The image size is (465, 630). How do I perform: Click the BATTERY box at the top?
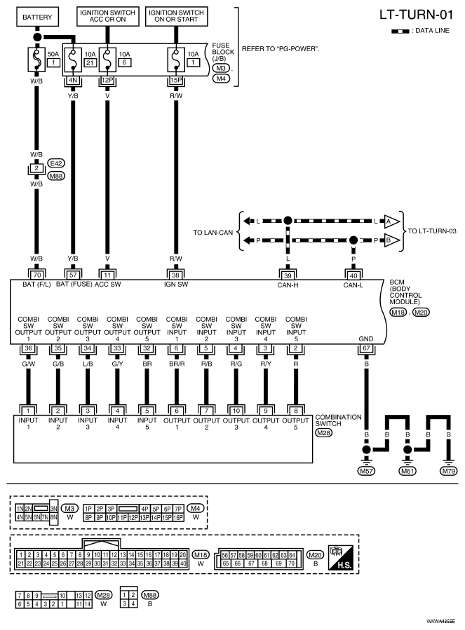(37, 18)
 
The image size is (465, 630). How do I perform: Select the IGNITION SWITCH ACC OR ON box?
(107, 17)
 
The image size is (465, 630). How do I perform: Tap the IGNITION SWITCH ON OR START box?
(176, 17)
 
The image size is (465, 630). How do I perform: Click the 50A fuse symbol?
(36, 60)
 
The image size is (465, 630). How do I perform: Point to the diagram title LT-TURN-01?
(417, 15)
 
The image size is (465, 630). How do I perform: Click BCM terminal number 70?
(37, 275)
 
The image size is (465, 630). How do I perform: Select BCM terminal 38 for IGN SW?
(176, 275)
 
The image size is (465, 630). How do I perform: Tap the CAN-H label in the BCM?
(288, 285)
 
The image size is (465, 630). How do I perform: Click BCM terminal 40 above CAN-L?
(353, 275)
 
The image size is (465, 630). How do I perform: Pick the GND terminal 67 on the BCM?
(366, 348)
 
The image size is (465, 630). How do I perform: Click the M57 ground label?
(366, 471)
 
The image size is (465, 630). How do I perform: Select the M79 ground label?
(448, 471)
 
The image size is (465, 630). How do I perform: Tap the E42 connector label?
(56, 163)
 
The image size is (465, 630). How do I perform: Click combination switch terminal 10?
(236, 411)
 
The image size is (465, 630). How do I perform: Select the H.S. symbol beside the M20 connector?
(341, 558)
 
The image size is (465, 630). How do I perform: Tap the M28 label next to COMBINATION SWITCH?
(324, 432)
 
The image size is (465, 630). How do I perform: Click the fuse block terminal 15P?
(176, 81)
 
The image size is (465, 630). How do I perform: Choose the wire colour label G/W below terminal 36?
(28, 364)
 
